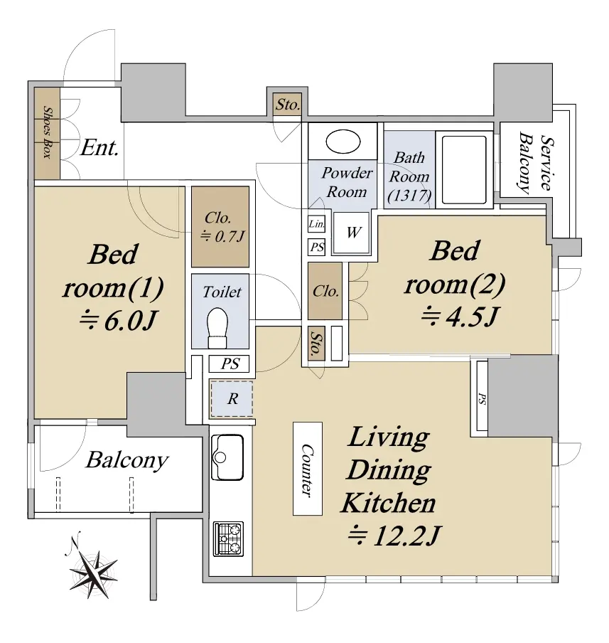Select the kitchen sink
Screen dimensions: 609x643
click(227, 457)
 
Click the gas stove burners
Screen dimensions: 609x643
click(228, 539)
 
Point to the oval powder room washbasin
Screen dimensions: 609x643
click(343, 142)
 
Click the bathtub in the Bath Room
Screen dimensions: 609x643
click(464, 169)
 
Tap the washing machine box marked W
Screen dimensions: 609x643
click(351, 233)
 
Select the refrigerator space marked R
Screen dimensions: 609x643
click(232, 398)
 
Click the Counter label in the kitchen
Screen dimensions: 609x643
click(308, 469)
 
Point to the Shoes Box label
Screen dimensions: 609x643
click(47, 132)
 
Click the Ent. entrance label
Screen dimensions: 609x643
click(99, 148)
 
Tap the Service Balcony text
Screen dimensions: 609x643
click(536, 162)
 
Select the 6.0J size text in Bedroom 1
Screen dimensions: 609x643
click(118, 321)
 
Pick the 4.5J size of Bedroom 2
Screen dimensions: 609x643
click(460, 317)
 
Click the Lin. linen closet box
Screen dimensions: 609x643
click(316, 224)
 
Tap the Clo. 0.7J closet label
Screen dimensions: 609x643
click(221, 226)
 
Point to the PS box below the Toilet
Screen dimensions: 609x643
click(230, 363)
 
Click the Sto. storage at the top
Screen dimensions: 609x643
click(287, 105)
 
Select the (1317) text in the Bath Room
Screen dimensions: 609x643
click(409, 196)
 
